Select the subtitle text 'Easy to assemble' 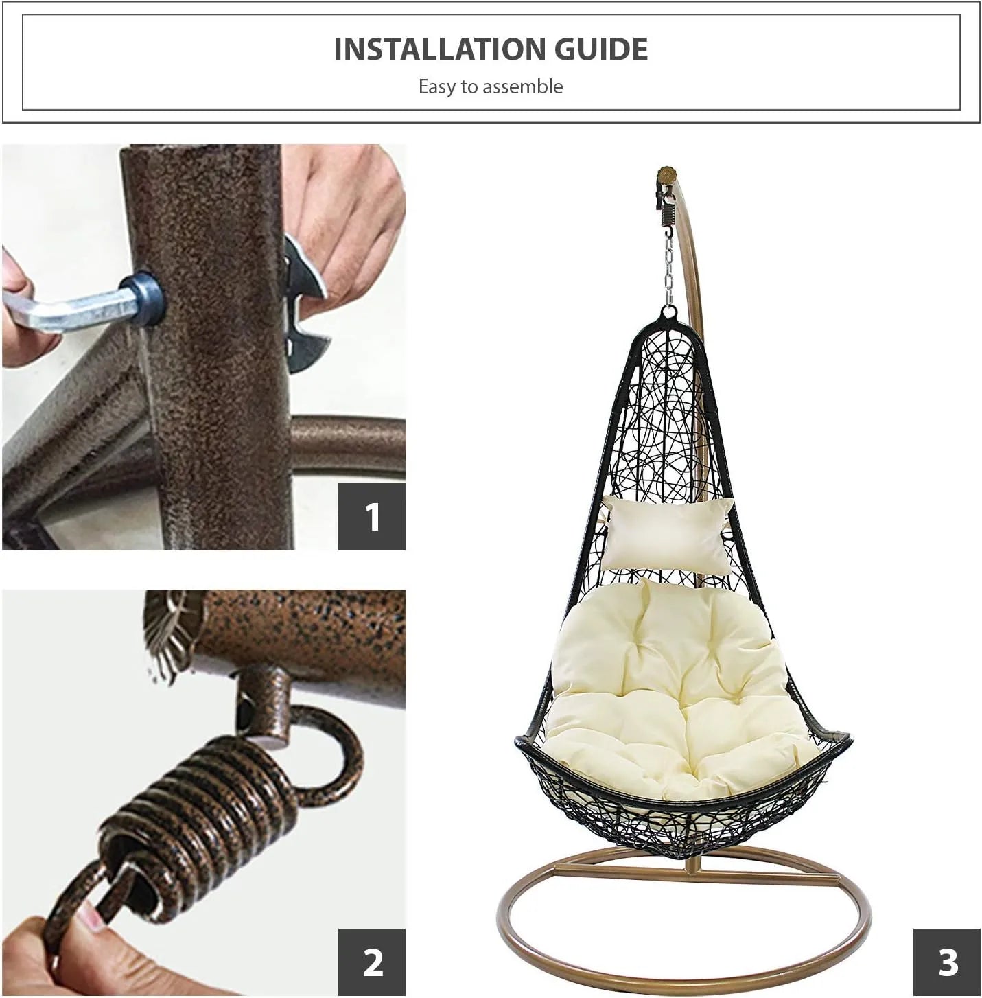[x=491, y=86]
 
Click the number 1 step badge [x=372, y=517]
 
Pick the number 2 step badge [x=372, y=962]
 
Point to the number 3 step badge [x=947, y=962]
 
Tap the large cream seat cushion [x=679, y=689]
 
